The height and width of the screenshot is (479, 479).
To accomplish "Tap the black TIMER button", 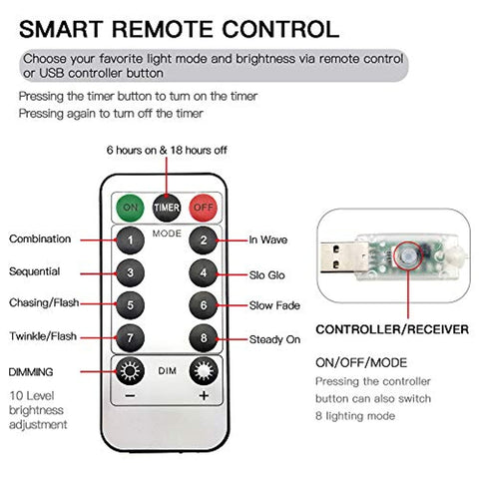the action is tap(167, 208).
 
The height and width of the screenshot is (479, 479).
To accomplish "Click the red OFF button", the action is tap(203, 208).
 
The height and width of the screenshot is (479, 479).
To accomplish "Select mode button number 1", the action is tap(130, 240).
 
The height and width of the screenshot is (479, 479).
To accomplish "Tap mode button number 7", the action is tap(130, 338).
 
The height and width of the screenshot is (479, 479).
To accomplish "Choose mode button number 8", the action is tap(204, 338).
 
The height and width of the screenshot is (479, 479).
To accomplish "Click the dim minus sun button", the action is tap(130, 371).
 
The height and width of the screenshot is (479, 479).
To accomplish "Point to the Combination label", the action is tap(40, 239).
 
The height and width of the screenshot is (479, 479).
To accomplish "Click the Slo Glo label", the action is tap(267, 275).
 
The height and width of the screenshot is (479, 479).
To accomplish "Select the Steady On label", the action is tap(274, 339).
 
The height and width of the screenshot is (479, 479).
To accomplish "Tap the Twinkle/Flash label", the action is tap(43, 336).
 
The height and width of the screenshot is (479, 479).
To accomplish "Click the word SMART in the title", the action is tap(60, 29).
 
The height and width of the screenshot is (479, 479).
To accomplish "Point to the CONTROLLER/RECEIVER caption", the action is tap(392, 329).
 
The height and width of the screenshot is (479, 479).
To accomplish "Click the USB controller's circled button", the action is tap(407, 256).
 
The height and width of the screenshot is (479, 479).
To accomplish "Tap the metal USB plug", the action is tap(337, 257).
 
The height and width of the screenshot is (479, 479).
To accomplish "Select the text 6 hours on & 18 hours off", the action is tap(167, 150).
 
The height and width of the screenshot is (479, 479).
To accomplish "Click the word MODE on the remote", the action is tap(167, 234).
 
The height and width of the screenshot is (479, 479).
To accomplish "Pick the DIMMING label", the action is tap(31, 372).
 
